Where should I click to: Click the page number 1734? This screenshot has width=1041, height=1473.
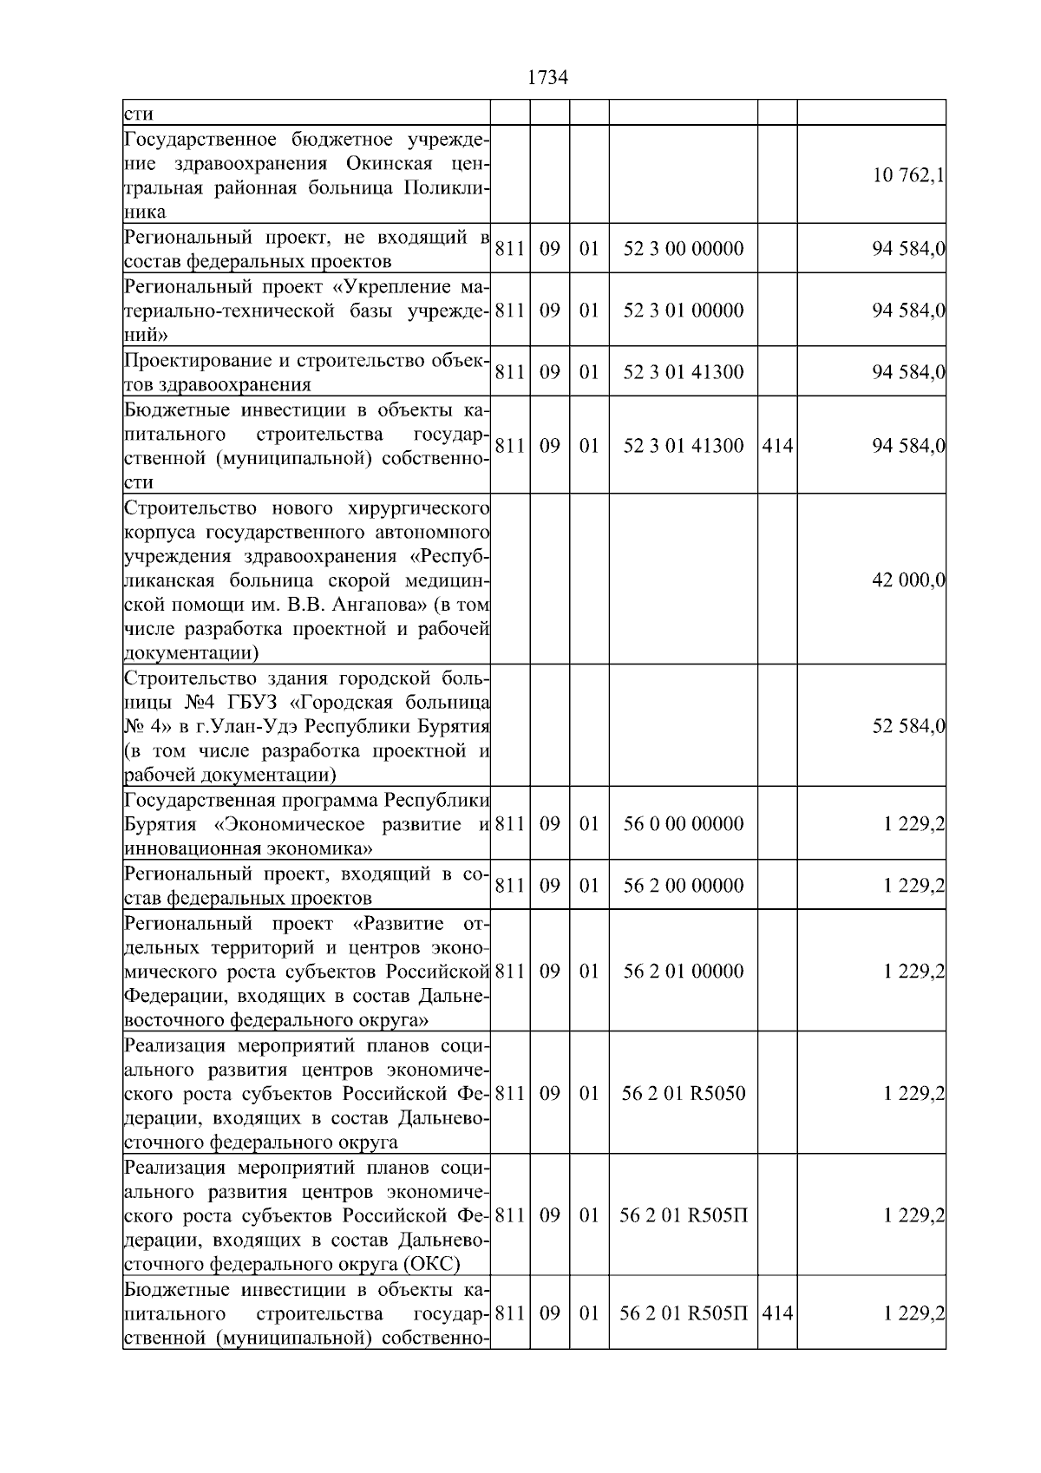[547, 78]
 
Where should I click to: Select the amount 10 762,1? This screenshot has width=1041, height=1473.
[908, 176]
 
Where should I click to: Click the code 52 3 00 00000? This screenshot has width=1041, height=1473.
[683, 250]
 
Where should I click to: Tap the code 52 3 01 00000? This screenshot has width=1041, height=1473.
[683, 311]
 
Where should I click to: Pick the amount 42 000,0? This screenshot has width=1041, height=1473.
[908, 580]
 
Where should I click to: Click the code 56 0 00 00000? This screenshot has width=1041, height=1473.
[683, 824]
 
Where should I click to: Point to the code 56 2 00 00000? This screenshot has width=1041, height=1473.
[683, 886]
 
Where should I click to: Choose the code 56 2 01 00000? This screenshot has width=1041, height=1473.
[683, 972]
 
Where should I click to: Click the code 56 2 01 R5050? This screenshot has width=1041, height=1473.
[683, 1094]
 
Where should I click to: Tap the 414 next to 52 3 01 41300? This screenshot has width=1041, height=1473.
[776, 447]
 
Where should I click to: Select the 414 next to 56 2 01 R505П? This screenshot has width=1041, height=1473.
[776, 1313]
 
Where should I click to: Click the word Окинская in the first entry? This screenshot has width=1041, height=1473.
[383, 164]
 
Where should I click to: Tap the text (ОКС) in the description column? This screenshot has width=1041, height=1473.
[429, 1264]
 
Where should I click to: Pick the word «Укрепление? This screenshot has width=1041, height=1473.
[397, 287]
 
